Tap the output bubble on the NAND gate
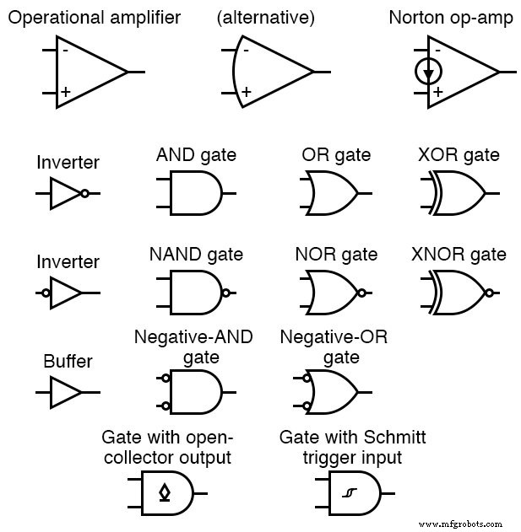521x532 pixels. pos(225,293)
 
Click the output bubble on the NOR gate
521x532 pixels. pos(361,293)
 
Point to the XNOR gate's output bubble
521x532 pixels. pos(489,293)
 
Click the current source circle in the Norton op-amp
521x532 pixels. pos(428,73)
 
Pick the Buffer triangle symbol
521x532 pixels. pos(66,392)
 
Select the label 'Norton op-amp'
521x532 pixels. pos(450,18)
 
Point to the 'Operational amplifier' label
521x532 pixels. pos(94,18)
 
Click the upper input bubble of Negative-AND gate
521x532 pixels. pos(166,379)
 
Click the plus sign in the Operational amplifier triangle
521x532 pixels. pos(64,92)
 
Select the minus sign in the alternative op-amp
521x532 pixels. pos(246,50)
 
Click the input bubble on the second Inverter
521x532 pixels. pos(46,293)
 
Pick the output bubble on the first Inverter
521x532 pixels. pos(84,194)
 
